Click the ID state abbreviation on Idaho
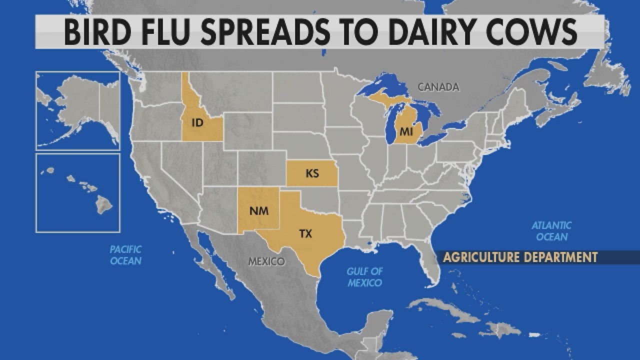(x=197, y=122)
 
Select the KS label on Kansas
(x=312, y=174)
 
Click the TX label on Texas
(x=305, y=233)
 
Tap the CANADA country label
(x=438, y=87)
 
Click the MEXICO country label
(x=266, y=261)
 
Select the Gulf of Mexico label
(x=365, y=277)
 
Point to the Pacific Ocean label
(x=126, y=255)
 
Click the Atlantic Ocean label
(x=551, y=231)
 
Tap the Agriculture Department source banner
(x=520, y=257)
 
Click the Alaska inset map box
(x=78, y=110)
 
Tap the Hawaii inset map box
(x=78, y=193)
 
